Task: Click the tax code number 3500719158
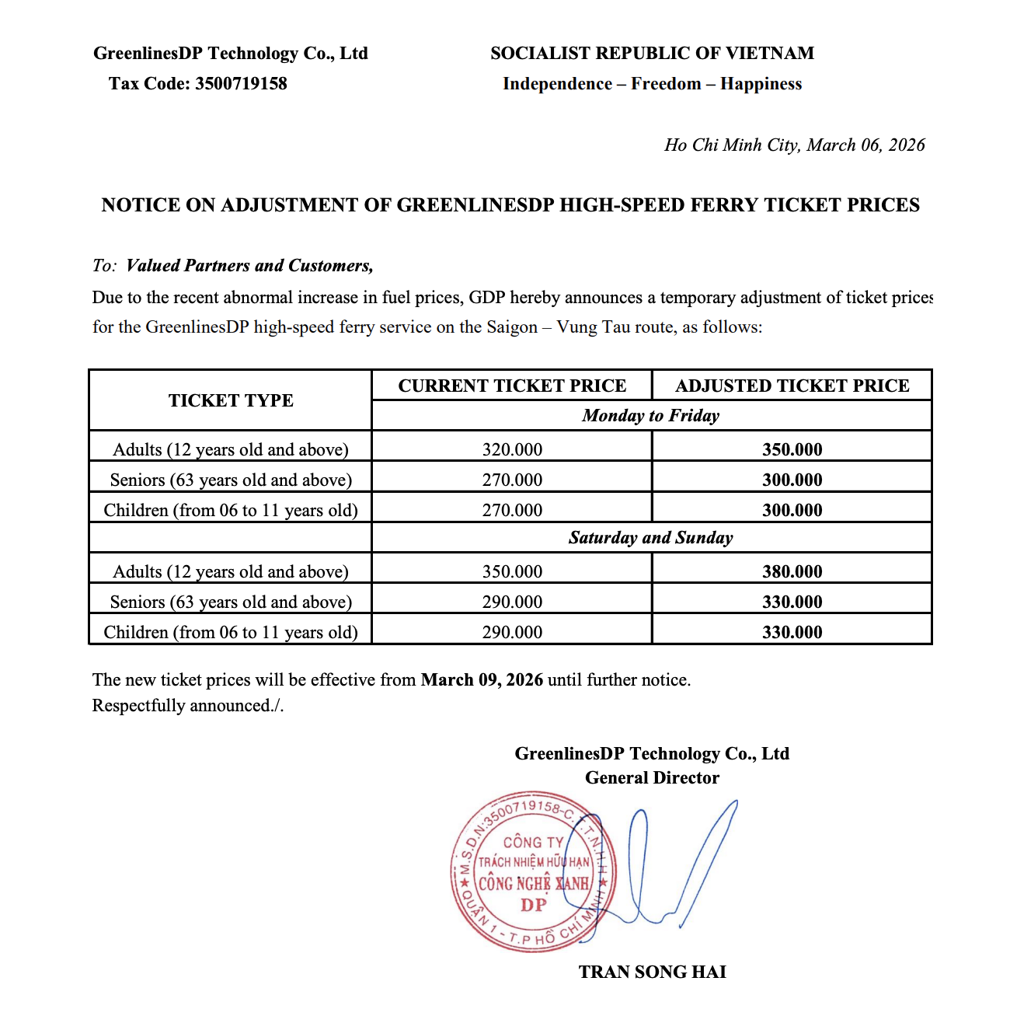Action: (x=241, y=84)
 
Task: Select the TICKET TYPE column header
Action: (x=231, y=400)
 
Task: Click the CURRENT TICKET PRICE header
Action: (x=512, y=386)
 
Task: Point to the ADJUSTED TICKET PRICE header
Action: (x=792, y=386)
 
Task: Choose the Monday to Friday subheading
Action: (x=651, y=416)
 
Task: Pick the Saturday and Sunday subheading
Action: (x=651, y=538)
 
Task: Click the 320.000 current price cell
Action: (x=512, y=449)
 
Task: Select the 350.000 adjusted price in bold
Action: (x=792, y=449)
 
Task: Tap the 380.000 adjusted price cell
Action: (x=792, y=571)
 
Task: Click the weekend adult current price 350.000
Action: (x=512, y=571)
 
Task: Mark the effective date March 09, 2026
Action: (x=482, y=680)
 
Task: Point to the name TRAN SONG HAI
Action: (x=652, y=972)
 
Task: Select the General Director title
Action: (x=652, y=778)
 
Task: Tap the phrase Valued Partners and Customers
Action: (x=249, y=266)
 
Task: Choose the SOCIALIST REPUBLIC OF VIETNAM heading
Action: (x=652, y=54)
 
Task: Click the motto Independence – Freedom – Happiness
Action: (x=652, y=84)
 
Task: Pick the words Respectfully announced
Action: (x=187, y=706)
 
